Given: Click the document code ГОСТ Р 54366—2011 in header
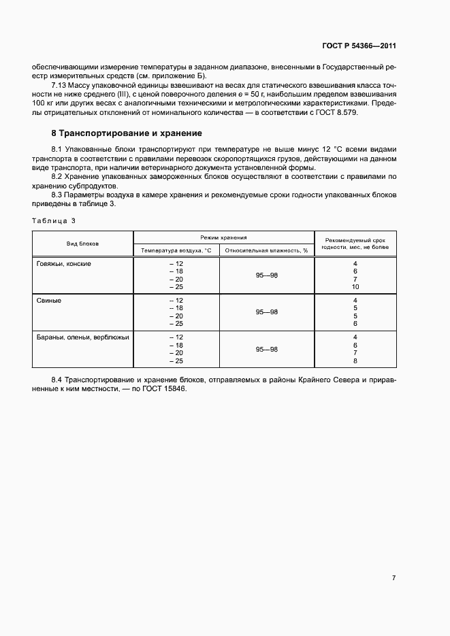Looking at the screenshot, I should coord(359,46).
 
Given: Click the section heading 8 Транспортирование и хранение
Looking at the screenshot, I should coord(127,133).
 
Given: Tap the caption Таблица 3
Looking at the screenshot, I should coord(54,220).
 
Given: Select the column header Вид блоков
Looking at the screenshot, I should coord(82,244).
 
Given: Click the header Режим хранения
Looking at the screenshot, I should coord(223,237).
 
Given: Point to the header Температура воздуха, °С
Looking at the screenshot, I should coord(176,250).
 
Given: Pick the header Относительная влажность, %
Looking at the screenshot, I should coord(267,250).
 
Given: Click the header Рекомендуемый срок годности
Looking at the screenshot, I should coord(355,244).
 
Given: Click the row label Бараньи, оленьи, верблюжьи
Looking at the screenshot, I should coord(82,337).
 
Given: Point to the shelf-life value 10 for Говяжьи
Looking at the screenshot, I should coord(355,287).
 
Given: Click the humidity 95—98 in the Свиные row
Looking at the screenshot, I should coord(267,312).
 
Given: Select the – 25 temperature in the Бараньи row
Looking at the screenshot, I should coord(176,361).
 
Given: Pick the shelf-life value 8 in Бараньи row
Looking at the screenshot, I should coord(355,361).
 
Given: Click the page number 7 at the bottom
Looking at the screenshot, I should coord(393,578).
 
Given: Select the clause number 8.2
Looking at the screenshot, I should coord(57,177).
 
